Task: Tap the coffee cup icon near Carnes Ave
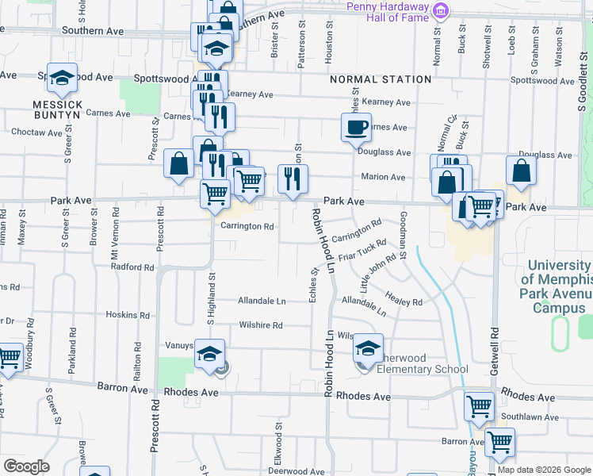click(x=356, y=125)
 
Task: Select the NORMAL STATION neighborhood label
click(x=381, y=79)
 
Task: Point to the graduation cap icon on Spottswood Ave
click(x=62, y=77)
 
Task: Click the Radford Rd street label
click(x=132, y=267)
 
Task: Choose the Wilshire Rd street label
click(x=261, y=325)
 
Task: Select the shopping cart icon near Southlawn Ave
click(x=479, y=405)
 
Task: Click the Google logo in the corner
click(x=27, y=466)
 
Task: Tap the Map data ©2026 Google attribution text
click(x=544, y=470)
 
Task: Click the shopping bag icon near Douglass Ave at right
click(x=521, y=169)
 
